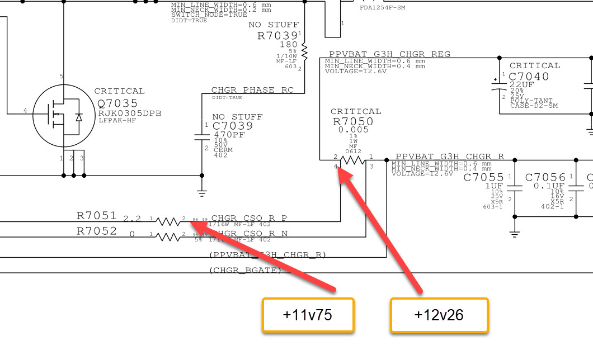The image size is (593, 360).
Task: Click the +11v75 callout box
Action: pyautogui.click(x=308, y=315)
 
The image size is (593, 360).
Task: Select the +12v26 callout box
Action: pyautogui.click(x=439, y=315)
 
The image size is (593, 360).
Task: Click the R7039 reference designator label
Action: pyautogui.click(x=277, y=36)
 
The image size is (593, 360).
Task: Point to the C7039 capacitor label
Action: pyautogui.click(x=233, y=126)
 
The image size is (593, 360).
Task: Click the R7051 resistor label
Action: pyautogui.click(x=97, y=216)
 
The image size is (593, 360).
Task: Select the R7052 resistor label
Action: pyautogui.click(x=97, y=230)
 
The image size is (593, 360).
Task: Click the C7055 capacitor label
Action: pyautogui.click(x=484, y=178)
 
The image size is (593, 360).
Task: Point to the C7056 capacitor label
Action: pyautogui.click(x=545, y=178)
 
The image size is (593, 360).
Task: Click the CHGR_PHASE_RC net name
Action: pyautogui.click(x=252, y=90)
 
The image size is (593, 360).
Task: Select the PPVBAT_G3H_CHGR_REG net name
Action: pyautogui.click(x=389, y=54)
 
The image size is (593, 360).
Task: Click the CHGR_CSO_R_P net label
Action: pyautogui.click(x=249, y=218)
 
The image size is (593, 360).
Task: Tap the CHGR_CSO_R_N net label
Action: pyautogui.click(x=249, y=233)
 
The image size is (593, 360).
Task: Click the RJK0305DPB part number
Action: pyautogui.click(x=130, y=113)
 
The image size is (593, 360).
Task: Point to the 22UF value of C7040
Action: pyautogui.click(x=521, y=84)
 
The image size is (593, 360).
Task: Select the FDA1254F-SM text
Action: pyautogui.click(x=383, y=8)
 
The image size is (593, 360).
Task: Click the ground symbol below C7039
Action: pyautogui.click(x=202, y=193)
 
